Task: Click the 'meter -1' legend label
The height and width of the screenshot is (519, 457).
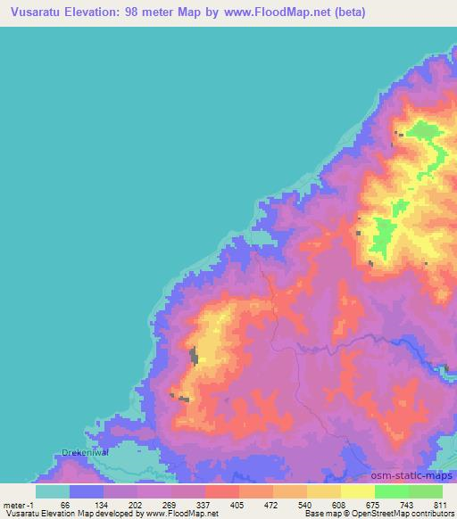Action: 20,505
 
